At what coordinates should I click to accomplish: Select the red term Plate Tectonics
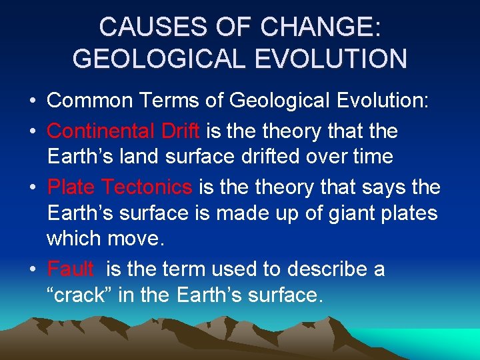tap(119, 187)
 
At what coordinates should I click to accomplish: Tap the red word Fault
tap(70, 269)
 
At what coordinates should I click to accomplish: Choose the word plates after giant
tap(406, 214)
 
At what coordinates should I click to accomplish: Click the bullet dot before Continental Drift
tap(33, 131)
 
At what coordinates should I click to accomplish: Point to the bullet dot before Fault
tap(33, 270)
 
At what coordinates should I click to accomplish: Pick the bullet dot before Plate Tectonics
tap(33, 188)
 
